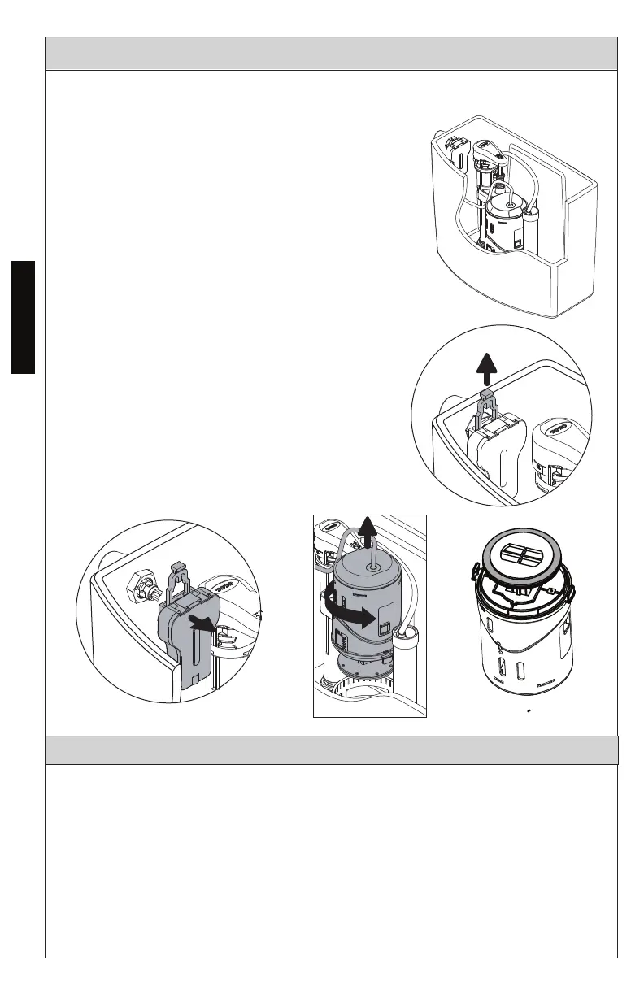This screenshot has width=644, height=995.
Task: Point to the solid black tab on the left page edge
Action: point(24,316)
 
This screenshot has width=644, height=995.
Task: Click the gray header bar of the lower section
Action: point(331,750)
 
